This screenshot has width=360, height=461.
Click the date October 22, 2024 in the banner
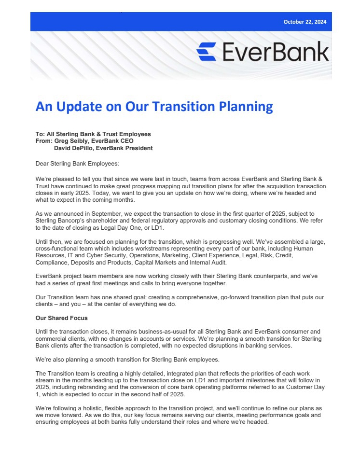point(305,22)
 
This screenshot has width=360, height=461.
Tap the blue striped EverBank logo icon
point(206,52)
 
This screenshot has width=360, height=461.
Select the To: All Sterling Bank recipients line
point(93,134)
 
